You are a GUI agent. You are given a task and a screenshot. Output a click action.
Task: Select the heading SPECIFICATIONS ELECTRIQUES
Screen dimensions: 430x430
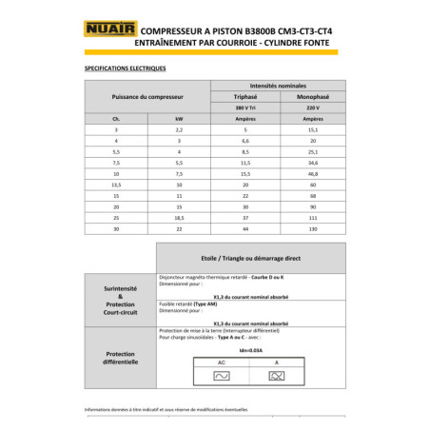126,68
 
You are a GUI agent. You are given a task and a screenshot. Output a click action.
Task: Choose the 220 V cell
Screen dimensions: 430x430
313,107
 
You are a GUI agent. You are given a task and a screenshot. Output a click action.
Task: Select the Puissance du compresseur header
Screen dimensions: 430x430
147,97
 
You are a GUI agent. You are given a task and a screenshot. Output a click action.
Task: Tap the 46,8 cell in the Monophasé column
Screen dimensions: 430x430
313,175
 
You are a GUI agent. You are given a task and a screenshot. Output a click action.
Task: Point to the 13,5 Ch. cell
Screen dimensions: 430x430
116,185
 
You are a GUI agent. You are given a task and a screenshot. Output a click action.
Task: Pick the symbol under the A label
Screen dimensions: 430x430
277,378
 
